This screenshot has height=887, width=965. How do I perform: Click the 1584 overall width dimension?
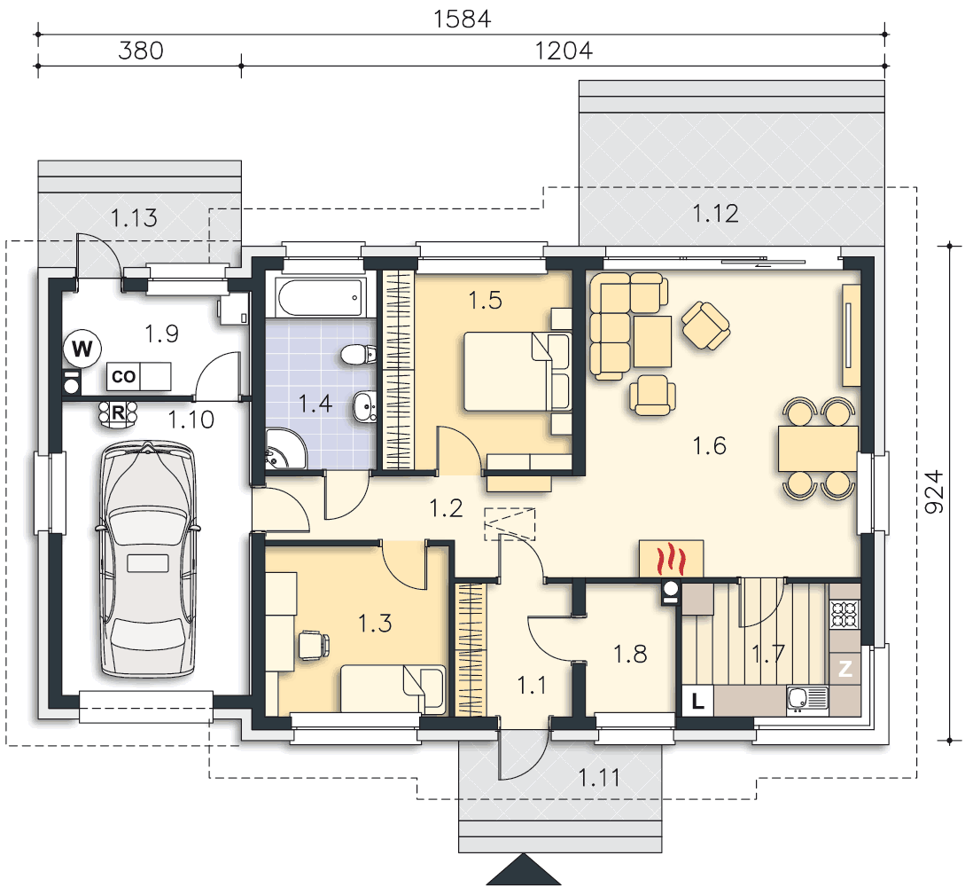pos(462,20)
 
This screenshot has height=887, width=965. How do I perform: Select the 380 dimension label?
pos(141,51)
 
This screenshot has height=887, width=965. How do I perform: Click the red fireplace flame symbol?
pos(671,559)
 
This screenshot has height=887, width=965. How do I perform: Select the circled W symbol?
pos(82,349)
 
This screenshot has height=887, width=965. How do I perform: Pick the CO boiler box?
pos(123,376)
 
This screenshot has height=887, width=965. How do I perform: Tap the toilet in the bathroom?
pos(358,354)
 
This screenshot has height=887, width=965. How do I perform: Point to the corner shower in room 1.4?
pos(284,450)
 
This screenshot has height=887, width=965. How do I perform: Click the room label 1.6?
pos(709,445)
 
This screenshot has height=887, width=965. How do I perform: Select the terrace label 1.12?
pos(715,214)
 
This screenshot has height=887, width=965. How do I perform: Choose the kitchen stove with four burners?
pos(845,614)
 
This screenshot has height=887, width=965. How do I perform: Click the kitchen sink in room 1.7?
pos(807,700)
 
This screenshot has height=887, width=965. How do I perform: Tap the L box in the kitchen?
pos(697,701)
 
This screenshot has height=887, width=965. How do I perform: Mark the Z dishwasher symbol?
pos(845,668)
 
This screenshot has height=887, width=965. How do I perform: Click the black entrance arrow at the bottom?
pos(523,869)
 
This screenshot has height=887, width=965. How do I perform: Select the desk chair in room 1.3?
pos(314,645)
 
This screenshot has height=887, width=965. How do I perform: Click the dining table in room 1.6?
pos(818,449)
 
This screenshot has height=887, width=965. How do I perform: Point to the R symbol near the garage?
pos(118,412)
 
